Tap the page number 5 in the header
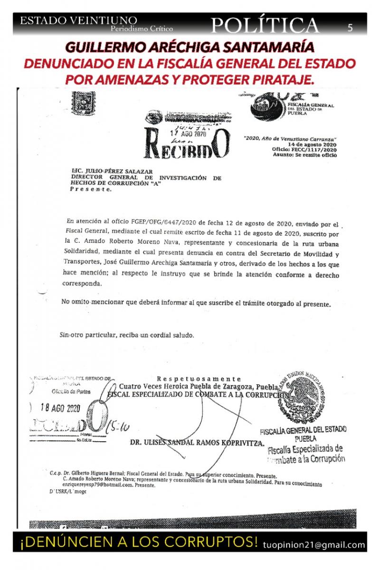[350, 28]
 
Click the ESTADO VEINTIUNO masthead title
[79, 21]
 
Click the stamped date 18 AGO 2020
[61, 408]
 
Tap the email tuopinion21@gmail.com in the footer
[314, 545]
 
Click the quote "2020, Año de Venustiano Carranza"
[290, 138]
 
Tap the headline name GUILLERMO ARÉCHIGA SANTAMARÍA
[190, 47]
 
